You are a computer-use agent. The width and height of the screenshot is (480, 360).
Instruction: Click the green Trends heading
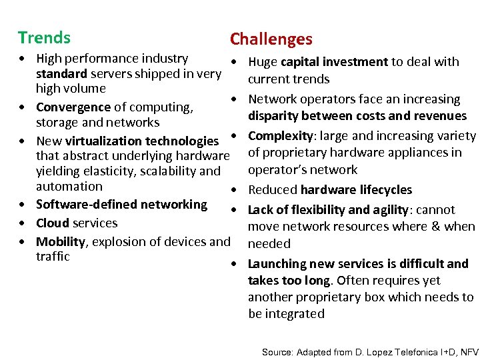click(x=44, y=37)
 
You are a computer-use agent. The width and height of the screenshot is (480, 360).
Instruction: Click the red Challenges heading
click(x=271, y=39)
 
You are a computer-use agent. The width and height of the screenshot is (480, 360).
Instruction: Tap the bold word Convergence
click(x=73, y=107)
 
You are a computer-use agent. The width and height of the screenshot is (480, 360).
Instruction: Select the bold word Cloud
click(x=53, y=223)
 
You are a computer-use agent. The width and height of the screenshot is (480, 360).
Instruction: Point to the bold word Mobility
click(x=61, y=241)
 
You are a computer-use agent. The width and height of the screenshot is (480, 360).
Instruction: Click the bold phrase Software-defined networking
click(x=121, y=204)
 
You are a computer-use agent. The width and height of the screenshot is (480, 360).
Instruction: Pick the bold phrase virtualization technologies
click(x=142, y=141)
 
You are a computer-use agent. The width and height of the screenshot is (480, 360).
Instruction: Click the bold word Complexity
click(x=279, y=136)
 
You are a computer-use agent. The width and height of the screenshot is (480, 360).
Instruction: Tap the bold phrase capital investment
click(x=334, y=62)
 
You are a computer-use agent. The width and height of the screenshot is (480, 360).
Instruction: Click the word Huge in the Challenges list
click(x=263, y=62)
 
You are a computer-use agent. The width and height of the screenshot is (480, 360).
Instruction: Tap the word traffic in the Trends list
click(x=53, y=257)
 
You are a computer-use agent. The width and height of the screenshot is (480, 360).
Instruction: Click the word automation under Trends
click(x=69, y=187)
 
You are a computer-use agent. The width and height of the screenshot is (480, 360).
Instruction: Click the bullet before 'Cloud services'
click(x=23, y=223)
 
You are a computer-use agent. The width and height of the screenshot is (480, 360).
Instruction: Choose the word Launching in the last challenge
click(x=275, y=264)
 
